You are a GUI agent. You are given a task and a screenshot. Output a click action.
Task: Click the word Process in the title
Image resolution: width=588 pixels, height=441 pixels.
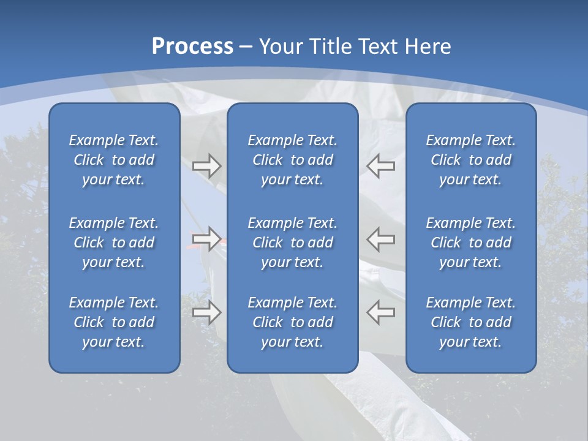tap(192, 47)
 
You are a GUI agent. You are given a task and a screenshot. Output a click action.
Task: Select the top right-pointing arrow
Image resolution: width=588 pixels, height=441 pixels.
tap(206, 166)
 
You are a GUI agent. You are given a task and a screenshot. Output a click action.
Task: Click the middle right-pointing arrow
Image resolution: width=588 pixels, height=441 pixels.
tap(206, 239)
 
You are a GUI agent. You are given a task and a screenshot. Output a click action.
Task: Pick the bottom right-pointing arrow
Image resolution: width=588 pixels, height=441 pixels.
tap(206, 312)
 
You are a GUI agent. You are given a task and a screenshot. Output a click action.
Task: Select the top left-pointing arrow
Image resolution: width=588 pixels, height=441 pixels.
tap(380, 166)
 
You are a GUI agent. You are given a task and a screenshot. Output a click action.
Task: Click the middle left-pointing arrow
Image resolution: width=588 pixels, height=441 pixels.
tap(380, 239)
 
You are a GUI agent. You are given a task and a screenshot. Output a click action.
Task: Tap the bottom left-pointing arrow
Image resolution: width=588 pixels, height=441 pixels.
tap(380, 312)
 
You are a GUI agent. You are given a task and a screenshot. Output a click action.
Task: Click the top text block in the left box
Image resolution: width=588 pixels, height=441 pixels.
tap(114, 160)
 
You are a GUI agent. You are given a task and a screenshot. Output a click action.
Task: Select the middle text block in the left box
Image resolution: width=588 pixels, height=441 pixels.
tap(114, 243)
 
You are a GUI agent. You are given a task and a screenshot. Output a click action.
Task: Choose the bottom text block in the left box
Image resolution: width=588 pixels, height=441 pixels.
tap(114, 322)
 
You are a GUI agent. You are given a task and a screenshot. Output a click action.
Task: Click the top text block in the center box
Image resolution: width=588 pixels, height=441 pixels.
tap(292, 160)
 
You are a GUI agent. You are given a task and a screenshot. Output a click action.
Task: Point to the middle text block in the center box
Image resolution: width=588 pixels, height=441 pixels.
tap(292, 243)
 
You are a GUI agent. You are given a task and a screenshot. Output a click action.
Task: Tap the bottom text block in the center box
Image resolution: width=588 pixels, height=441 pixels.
tap(292, 322)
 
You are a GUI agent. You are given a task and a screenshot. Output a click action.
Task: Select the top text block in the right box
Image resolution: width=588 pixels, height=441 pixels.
tap(470, 160)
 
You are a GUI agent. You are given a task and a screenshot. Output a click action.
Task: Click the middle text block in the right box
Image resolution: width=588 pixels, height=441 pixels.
tap(470, 243)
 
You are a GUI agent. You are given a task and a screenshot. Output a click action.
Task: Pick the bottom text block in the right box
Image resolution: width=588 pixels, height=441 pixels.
tap(470, 322)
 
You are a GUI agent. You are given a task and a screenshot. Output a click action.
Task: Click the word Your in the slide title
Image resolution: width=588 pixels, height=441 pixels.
tap(279, 47)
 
